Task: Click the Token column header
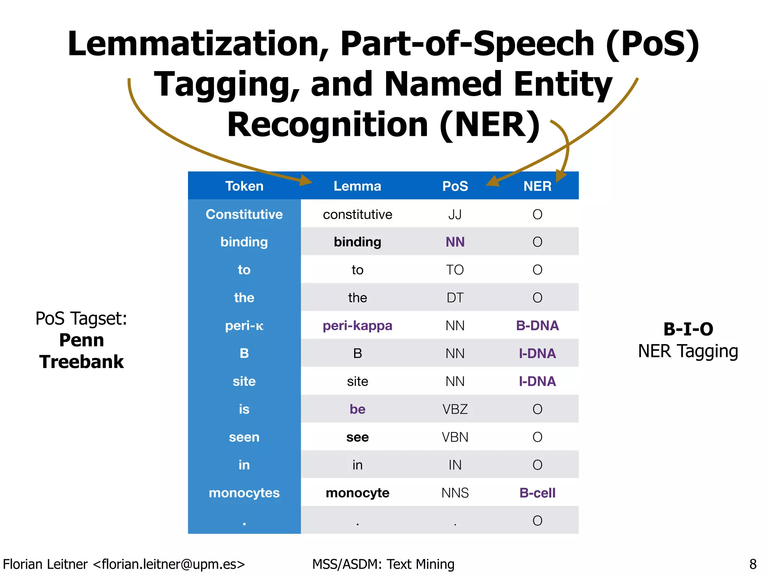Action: click(244, 186)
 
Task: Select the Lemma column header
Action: click(357, 186)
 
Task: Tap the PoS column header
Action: click(455, 186)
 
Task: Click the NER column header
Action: click(537, 186)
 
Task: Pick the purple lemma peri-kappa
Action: click(357, 326)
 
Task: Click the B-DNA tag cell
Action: click(537, 326)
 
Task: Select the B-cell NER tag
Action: click(537, 493)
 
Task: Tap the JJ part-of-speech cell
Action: click(455, 215)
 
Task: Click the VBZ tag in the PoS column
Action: click(455, 409)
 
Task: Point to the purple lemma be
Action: click(357, 409)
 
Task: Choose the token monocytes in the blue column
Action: click(244, 493)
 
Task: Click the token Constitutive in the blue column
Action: click(244, 215)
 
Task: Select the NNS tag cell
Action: click(455, 493)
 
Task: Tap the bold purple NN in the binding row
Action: click(455, 242)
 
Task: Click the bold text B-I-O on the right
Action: click(688, 329)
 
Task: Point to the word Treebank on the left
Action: click(82, 362)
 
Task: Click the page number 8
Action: click(753, 564)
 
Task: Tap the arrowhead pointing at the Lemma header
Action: click(306, 181)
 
